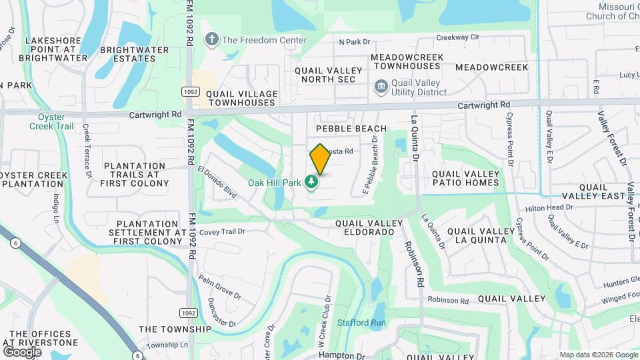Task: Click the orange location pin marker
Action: tap(320, 159)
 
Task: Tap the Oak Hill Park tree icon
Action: tap(311, 181)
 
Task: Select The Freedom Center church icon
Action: tap(212, 40)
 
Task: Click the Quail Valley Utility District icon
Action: tap(381, 85)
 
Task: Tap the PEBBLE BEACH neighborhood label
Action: tap(351, 129)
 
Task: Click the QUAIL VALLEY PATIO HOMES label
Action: tap(465, 178)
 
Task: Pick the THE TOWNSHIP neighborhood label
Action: tap(174, 329)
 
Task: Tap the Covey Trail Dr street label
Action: tap(223, 232)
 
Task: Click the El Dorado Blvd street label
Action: tap(217, 181)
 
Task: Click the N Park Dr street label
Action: tap(354, 42)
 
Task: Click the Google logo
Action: tap(22, 351)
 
